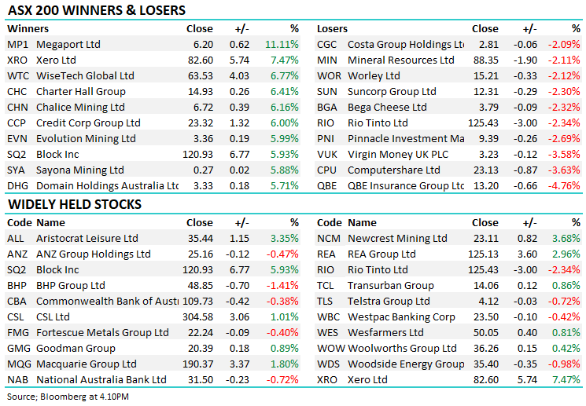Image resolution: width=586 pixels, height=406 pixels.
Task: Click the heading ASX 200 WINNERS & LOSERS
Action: pos(97,10)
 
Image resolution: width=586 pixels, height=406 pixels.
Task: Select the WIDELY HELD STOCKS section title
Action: pos(75,204)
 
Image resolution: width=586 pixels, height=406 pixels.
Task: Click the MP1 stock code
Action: pos(17,45)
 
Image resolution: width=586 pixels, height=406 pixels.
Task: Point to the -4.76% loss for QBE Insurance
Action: pos(566,186)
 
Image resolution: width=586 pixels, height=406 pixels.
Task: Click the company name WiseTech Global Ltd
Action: pos(86,76)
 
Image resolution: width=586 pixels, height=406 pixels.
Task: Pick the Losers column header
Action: pos(332,29)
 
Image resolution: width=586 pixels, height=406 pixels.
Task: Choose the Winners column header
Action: pos(28,29)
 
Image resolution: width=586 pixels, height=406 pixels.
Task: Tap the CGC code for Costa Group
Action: pos(327,45)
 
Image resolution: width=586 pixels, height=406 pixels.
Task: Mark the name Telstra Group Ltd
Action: pos(389,302)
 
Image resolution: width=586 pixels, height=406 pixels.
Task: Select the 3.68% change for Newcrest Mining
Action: pos(566,239)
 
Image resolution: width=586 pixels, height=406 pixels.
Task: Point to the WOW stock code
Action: pos(330,349)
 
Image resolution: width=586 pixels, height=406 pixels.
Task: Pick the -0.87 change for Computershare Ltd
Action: pos(525,170)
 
